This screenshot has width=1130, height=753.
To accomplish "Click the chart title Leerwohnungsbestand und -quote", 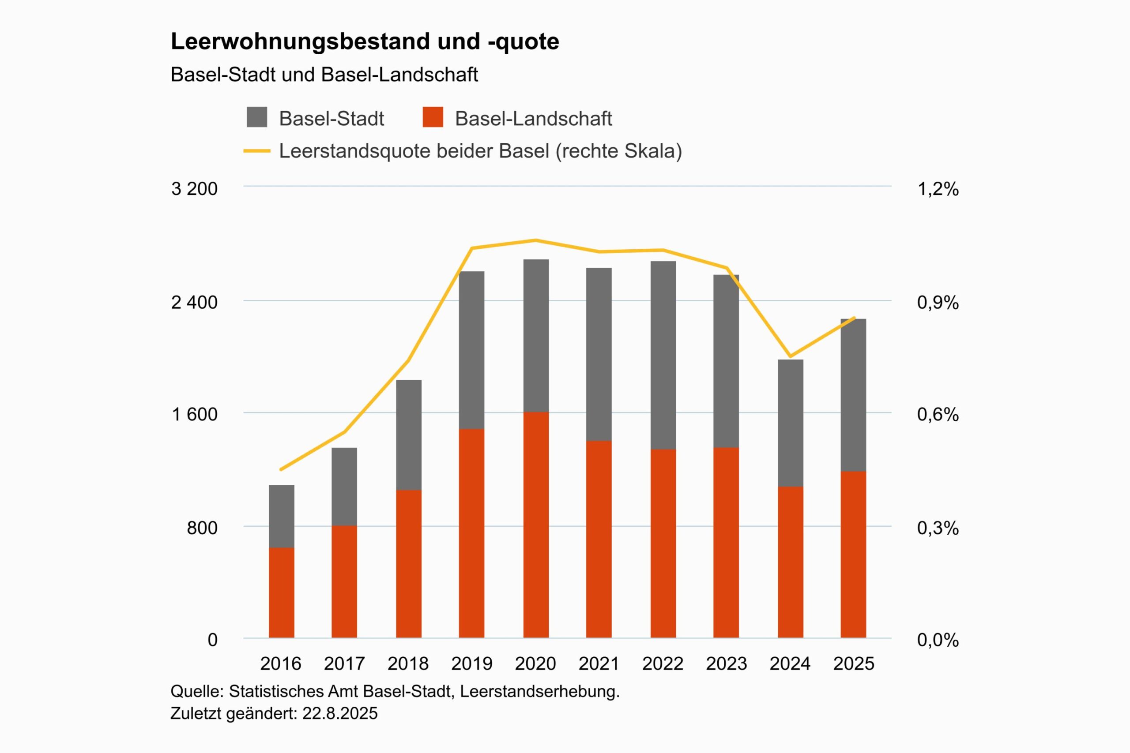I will (365, 41).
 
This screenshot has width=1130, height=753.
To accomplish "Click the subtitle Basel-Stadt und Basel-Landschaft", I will (324, 75).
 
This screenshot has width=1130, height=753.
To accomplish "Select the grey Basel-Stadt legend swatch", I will (256, 117).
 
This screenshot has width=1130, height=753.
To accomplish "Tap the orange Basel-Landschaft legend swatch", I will (433, 117).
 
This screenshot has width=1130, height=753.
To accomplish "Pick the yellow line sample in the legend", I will (256, 151).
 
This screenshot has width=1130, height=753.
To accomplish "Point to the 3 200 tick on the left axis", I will (194, 189).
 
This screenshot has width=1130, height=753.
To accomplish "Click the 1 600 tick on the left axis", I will (194, 414).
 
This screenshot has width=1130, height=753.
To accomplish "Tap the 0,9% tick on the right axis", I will (938, 302).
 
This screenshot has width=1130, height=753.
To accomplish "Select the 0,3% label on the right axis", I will (938, 528).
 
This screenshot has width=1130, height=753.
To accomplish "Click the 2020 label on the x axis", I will (535, 664).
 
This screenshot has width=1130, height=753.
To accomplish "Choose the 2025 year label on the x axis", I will (854, 664).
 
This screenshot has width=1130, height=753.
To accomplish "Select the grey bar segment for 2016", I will (282, 516).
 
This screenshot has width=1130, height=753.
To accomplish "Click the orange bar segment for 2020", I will (536, 525).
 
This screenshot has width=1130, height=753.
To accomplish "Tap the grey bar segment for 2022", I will (663, 356).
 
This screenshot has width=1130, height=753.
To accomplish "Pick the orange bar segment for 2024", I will (790, 562).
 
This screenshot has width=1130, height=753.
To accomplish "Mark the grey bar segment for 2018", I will (408, 435).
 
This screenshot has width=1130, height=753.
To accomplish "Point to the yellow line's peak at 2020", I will (536, 240).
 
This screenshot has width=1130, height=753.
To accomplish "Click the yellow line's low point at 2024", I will (790, 356).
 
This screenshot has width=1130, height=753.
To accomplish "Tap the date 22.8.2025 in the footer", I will (340, 714).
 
